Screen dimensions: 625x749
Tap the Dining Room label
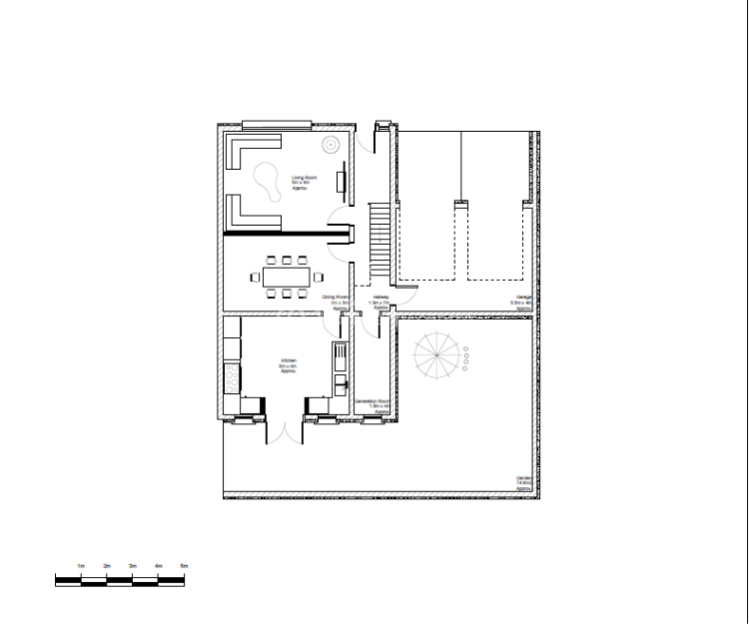point(336,302)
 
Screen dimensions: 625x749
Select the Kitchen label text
point(288,365)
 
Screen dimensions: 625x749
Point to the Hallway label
point(380,302)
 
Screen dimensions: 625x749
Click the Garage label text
point(522,305)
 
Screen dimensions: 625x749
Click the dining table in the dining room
point(288,277)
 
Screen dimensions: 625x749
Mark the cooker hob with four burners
point(233,378)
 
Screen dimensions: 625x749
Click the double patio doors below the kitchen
point(286,431)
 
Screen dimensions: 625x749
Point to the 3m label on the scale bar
point(132,566)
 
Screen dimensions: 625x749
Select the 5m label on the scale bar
point(184,566)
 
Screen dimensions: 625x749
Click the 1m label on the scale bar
point(81,566)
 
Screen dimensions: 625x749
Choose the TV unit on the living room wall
point(342,185)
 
